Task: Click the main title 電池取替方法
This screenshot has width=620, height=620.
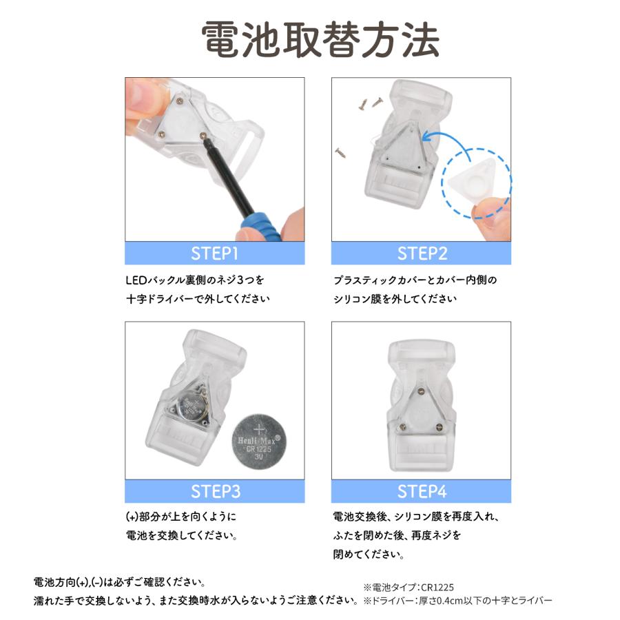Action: coord(310,39)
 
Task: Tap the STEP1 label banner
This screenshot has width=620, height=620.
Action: coord(214,254)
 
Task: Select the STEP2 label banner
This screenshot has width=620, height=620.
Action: coord(422,254)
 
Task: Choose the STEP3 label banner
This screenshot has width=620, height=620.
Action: coord(214,492)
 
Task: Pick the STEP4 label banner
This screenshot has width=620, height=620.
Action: coord(422,492)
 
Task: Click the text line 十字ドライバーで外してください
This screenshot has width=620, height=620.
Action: coord(198,300)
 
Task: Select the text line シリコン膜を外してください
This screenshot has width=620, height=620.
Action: coord(395,300)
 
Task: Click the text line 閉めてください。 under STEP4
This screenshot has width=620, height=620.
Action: coord(369,554)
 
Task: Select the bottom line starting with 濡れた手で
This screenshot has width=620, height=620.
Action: coord(196,601)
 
